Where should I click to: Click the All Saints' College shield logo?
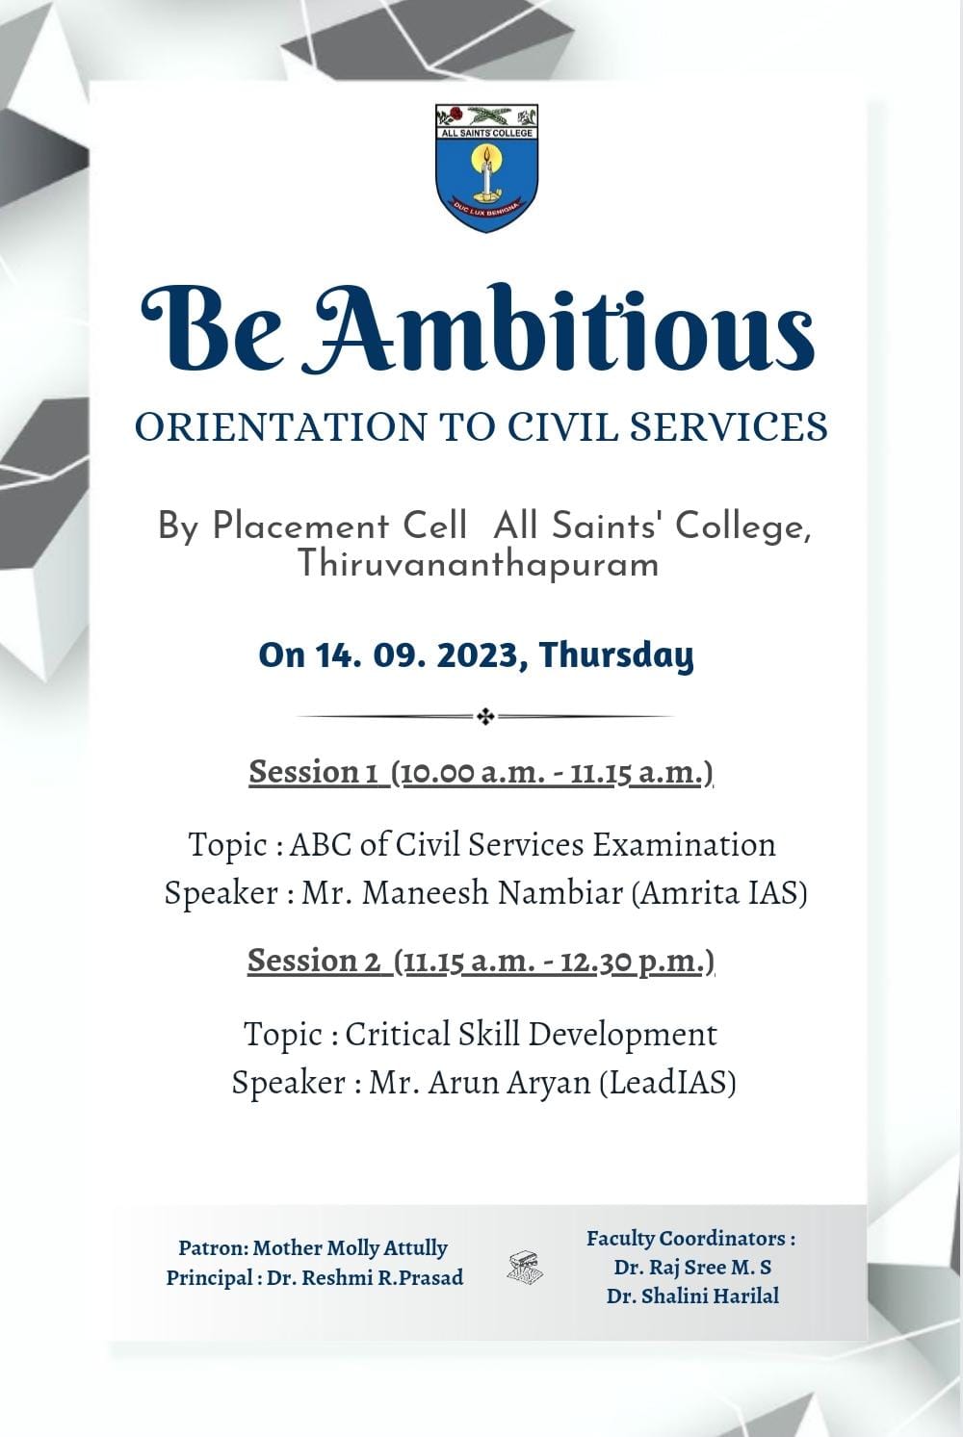tap(486, 168)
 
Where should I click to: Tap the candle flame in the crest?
tap(486, 155)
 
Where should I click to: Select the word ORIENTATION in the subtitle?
tap(281, 426)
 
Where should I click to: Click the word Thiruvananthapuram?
tap(479, 565)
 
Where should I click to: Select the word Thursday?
tap(617, 656)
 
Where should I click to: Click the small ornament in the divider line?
tap(486, 717)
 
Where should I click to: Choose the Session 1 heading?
tap(481, 772)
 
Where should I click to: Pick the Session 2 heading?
tap(481, 961)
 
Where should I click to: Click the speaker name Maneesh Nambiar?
tap(492, 892)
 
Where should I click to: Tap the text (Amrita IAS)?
tap(719, 892)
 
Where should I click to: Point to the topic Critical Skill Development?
tap(531, 1034)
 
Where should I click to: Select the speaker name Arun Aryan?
tap(509, 1084)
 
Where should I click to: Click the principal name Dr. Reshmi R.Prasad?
tap(365, 1277)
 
